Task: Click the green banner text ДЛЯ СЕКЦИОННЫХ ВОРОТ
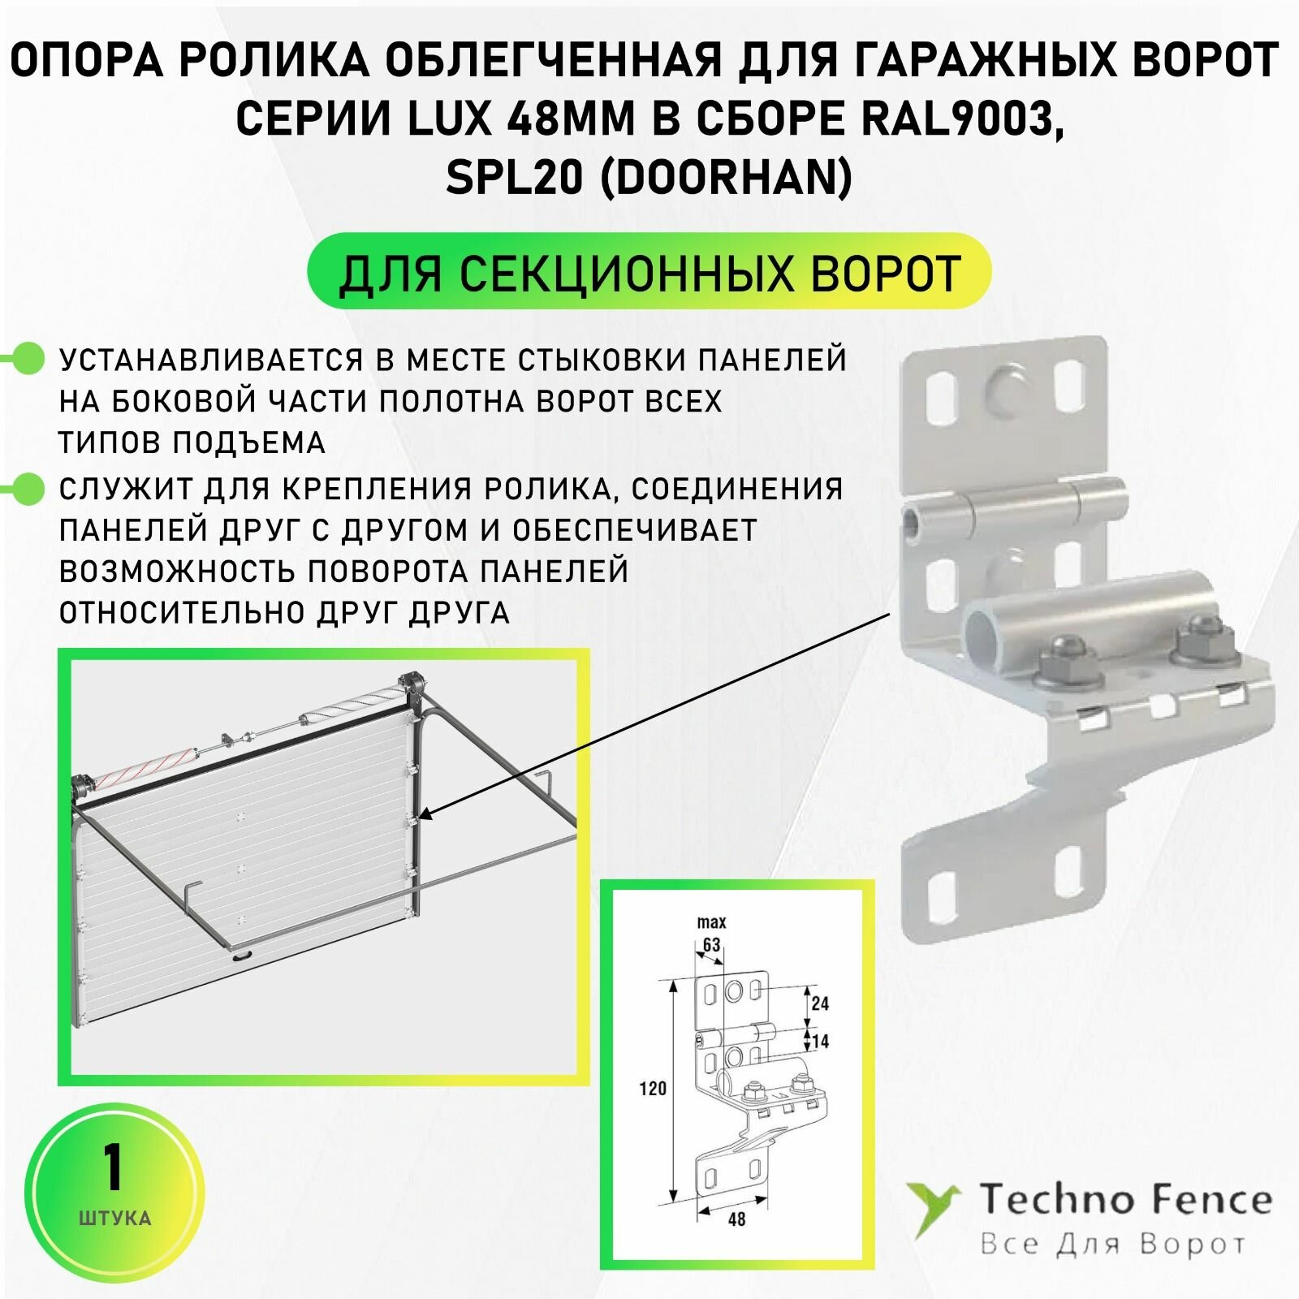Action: [x=649, y=273]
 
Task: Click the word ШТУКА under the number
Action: [x=114, y=1218]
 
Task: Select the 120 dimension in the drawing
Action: [x=652, y=1089]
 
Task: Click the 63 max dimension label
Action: [x=711, y=944]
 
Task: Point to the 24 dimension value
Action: [x=820, y=1003]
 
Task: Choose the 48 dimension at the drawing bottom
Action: [x=736, y=1219]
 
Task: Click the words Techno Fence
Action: [x=1124, y=1200]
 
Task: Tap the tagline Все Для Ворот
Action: [x=1112, y=1245]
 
